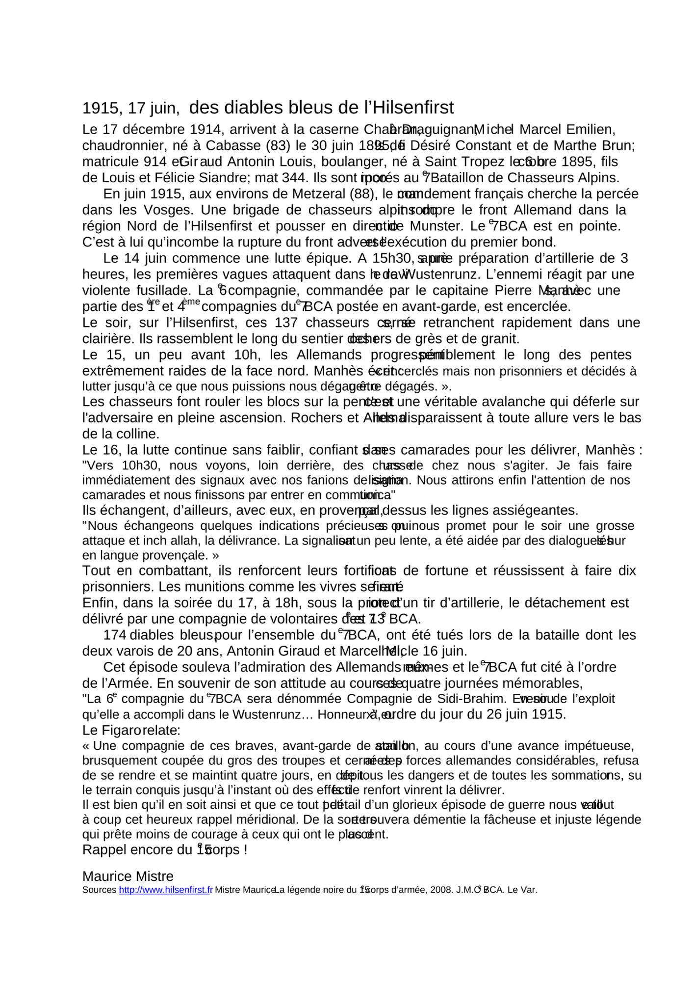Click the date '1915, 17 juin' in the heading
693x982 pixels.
tap(130, 109)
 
